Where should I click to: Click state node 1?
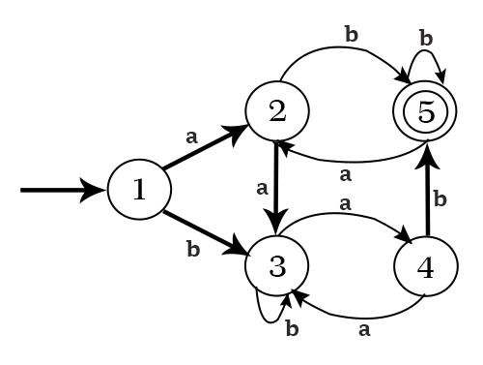click(138, 190)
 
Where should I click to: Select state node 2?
click(277, 112)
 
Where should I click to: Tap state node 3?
click(277, 266)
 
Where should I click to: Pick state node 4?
click(426, 266)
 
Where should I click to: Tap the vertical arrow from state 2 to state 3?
click(277, 189)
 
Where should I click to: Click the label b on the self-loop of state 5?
click(425, 38)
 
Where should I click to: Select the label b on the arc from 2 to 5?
click(351, 35)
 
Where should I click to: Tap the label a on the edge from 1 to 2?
click(192, 137)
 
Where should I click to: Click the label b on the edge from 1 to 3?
click(192, 249)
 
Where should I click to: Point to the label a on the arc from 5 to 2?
click(345, 175)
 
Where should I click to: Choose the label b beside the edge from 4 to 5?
click(440, 199)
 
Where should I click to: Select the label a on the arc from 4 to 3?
click(364, 329)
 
